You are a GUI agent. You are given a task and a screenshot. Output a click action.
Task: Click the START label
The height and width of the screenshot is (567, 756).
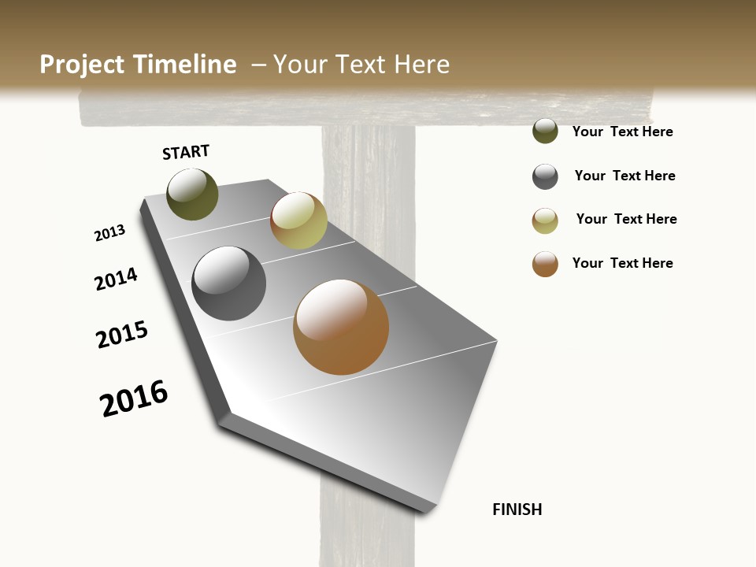tap(186, 152)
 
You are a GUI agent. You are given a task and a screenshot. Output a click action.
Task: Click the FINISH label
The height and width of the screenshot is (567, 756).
tap(517, 510)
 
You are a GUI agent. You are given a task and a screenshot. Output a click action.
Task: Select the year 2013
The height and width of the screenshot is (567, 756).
tap(109, 233)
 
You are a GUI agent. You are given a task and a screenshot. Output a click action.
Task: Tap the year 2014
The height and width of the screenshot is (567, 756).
tap(117, 280)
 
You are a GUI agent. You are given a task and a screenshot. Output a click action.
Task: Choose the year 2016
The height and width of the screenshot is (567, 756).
tap(134, 398)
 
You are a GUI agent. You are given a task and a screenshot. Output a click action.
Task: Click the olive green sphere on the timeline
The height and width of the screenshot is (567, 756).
tap(192, 194)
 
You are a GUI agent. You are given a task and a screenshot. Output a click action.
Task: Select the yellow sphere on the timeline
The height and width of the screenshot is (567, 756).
tap(298, 220)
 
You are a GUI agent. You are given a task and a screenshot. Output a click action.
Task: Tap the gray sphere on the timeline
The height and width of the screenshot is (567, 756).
tap(228, 283)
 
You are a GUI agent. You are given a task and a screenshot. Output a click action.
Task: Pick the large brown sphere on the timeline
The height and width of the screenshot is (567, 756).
tap(341, 327)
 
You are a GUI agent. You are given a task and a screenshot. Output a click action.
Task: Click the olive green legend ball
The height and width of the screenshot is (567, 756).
tap(545, 131)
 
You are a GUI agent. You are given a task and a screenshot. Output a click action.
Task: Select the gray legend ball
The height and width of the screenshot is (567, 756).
tap(545, 176)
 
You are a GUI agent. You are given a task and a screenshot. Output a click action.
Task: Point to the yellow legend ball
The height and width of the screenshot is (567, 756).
tap(545, 220)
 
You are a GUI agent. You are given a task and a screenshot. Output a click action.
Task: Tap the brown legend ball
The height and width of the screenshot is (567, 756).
tap(545, 264)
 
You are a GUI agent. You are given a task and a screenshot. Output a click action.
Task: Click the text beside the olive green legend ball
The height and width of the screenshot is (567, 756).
tap(622, 132)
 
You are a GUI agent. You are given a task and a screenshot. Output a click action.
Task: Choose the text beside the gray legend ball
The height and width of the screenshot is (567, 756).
tap(624, 176)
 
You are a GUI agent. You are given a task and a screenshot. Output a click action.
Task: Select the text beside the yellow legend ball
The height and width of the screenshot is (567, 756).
tap(626, 219)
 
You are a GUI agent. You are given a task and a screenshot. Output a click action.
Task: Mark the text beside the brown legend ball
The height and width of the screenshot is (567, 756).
tap(622, 263)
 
